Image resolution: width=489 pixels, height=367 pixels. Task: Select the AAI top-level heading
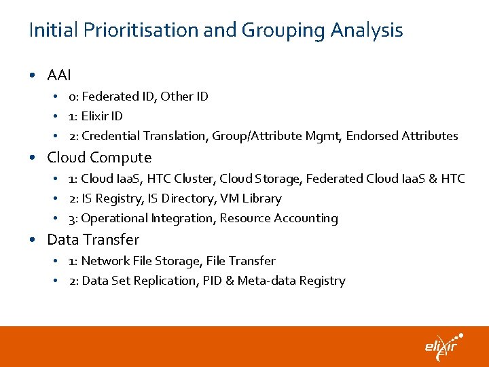(x=59, y=75)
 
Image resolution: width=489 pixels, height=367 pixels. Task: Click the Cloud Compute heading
(x=99, y=158)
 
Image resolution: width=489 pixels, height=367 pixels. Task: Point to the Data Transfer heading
(x=93, y=240)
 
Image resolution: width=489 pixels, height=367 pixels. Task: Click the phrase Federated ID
(x=119, y=97)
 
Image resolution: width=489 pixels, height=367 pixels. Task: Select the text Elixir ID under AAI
(x=102, y=116)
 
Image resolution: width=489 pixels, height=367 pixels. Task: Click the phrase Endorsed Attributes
(x=402, y=136)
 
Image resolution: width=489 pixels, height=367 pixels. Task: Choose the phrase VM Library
(x=251, y=198)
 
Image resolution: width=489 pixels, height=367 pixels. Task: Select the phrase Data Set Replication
(x=139, y=281)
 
